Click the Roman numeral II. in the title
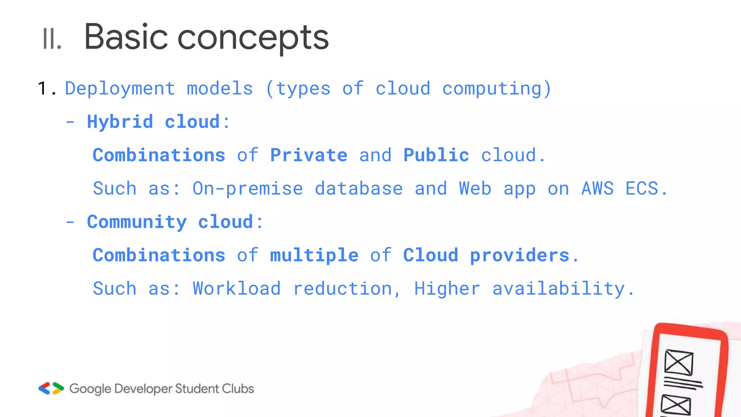52,39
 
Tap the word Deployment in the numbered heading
120,89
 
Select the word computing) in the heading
496,89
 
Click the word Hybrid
120,122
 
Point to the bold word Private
309,155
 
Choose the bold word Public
436,155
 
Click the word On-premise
247,189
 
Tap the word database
359,189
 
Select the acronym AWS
597,189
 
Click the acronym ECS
642,189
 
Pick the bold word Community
137,222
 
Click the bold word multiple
314,255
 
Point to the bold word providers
520,255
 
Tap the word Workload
237,288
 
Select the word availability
558,288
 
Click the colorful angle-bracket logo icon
51,388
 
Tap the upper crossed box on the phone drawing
678,362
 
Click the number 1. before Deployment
47,89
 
